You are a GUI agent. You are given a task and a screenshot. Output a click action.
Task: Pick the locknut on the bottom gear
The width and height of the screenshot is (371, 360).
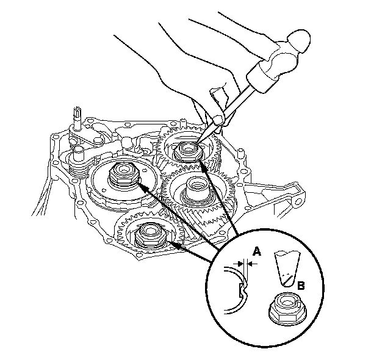point(149,234)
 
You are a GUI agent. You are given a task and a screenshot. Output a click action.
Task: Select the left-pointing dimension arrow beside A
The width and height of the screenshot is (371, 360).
point(251,263)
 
